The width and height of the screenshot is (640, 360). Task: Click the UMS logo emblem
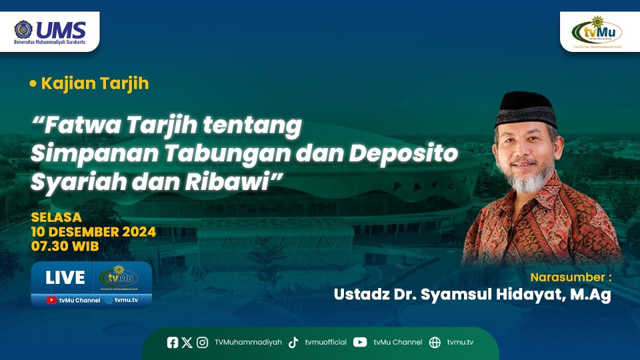pos(23,29)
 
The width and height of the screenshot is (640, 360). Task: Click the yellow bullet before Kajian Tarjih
pos(33,84)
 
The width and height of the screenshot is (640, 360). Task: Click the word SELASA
pos(56,217)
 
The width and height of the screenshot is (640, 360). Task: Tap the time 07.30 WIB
pos(65,246)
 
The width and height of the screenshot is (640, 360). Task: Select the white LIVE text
pos(65,278)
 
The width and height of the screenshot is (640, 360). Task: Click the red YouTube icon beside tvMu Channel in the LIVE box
pos(51,300)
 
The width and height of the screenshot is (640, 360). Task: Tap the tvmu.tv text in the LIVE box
pos(126,300)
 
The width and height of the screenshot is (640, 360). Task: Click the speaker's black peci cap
pos(525,108)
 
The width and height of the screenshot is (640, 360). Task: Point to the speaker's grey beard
pos(529,181)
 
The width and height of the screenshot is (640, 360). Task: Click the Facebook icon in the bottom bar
pos(172,342)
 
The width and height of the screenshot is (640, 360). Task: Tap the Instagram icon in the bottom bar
pos(202,342)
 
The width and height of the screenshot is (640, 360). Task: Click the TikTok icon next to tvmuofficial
pos(293,342)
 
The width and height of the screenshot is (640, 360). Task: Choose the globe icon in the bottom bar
pos(435,342)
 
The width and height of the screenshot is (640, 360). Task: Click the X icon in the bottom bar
pos(187,342)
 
